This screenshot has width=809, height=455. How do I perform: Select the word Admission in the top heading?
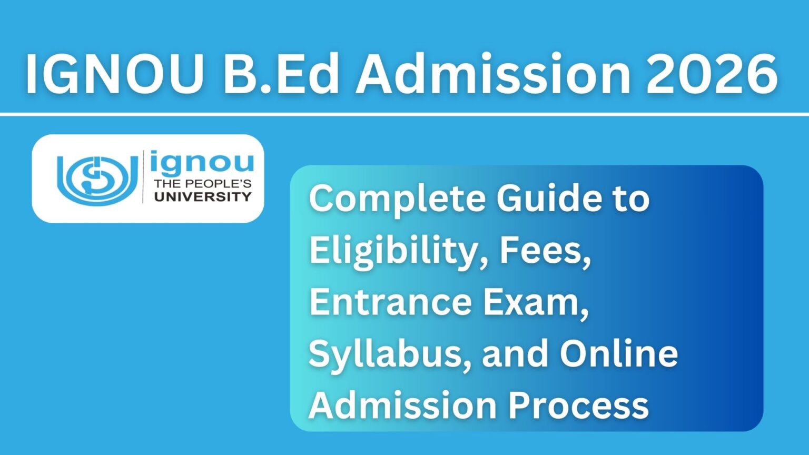(x=492, y=75)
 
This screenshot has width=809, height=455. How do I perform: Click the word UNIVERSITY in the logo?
(x=203, y=197)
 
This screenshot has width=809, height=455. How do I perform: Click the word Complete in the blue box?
(x=397, y=199)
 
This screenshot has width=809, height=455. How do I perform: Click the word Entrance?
(x=390, y=302)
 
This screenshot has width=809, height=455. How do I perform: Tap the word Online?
(x=619, y=353)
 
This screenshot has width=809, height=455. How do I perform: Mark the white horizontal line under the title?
(x=404, y=114)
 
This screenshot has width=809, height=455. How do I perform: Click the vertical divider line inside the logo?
(x=143, y=177)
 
